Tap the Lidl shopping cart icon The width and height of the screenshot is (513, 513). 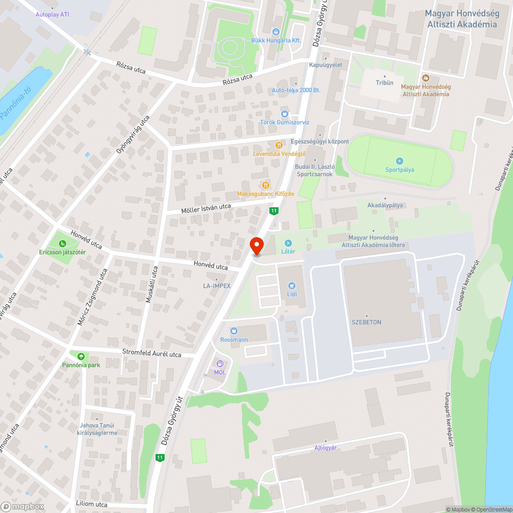[292, 286]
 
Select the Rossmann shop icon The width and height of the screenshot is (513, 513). [234, 331]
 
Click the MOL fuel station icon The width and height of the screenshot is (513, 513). [220, 363]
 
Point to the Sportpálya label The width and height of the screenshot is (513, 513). [400, 170]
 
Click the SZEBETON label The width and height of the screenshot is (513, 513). [366, 322]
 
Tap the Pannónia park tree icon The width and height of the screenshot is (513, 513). [81, 357]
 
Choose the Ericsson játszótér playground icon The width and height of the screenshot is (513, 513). [63, 244]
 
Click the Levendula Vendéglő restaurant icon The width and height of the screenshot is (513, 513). [279, 145]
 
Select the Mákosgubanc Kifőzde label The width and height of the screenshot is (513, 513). [265, 194]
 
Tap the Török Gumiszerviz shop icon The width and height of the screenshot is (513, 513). [284, 113]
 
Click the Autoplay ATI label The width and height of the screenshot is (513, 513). [52, 14]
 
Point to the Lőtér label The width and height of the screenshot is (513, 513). [288, 251]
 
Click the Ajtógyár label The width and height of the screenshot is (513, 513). [325, 447]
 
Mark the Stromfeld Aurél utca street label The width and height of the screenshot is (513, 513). [152, 353]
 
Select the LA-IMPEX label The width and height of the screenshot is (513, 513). [216, 286]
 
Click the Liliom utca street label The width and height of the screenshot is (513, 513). [91, 504]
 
